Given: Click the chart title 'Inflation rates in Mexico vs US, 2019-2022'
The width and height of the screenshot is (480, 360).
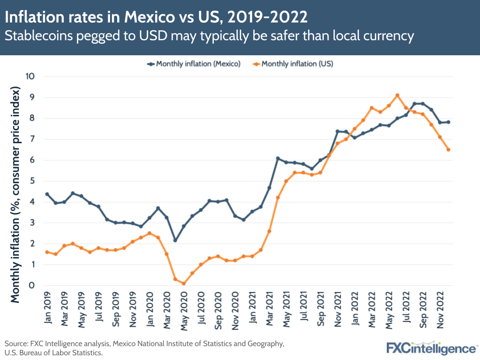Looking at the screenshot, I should [156, 17].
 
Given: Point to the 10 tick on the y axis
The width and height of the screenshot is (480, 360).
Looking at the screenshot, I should [31, 76].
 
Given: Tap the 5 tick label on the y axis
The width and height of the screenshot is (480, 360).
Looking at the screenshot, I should [32, 181].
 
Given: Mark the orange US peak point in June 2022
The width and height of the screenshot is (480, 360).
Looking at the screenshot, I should [397, 95].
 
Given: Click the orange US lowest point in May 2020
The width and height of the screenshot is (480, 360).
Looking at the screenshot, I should [184, 284].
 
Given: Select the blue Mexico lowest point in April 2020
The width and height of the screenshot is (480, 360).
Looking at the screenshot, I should [175, 240].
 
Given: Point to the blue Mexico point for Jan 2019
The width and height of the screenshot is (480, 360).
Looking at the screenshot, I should [47, 194].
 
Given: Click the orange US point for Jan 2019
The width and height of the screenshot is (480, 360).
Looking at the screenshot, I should [47, 252].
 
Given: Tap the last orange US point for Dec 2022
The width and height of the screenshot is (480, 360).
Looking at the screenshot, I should [448, 149].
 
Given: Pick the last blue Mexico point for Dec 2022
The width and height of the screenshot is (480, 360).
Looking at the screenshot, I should [448, 122].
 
